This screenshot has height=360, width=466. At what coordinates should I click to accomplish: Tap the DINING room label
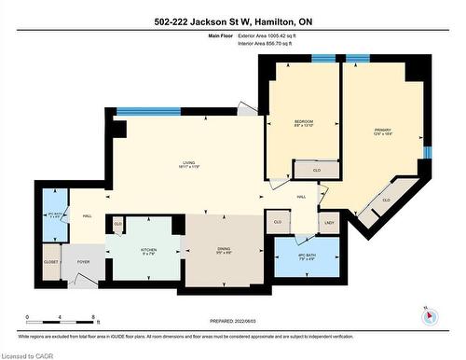(224, 248)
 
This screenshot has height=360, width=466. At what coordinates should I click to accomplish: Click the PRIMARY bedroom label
(383, 131)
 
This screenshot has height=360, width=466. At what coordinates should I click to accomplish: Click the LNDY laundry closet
(329, 222)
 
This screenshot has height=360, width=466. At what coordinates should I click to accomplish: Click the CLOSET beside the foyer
(50, 262)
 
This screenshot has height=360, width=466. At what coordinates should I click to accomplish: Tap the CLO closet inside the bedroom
(317, 171)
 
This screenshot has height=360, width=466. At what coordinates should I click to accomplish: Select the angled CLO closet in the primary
(385, 200)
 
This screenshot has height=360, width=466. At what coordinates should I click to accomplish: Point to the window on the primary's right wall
(428, 151)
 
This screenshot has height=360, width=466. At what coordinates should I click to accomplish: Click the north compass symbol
(429, 315)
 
